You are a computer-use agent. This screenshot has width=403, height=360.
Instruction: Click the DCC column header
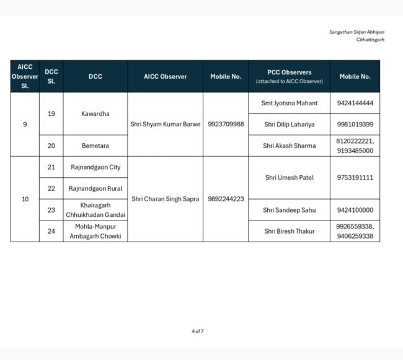click(x=95, y=76)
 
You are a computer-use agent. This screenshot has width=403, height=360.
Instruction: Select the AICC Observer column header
click(x=165, y=76)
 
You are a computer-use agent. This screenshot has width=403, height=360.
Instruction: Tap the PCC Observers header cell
click(x=289, y=76)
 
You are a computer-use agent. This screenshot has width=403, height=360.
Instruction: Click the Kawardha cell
click(x=95, y=114)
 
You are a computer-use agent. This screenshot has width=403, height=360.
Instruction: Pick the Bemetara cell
click(x=95, y=146)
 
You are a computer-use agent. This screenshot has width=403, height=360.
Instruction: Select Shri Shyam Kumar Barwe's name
click(x=165, y=124)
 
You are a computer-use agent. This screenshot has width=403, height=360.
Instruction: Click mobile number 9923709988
click(x=226, y=124)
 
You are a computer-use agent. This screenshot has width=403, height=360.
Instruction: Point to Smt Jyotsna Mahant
click(x=289, y=103)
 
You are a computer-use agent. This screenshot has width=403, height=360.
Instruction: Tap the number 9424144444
click(x=355, y=103)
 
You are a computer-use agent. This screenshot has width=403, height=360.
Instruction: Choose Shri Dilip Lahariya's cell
click(x=289, y=125)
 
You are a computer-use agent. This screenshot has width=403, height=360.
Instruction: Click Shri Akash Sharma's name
click(x=289, y=146)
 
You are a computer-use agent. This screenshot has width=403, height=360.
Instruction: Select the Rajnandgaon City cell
click(x=95, y=167)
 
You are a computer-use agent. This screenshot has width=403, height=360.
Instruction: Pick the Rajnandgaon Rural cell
click(x=95, y=188)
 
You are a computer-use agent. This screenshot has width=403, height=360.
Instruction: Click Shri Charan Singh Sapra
click(x=165, y=199)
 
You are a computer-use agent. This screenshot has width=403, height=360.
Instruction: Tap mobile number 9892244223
click(x=226, y=199)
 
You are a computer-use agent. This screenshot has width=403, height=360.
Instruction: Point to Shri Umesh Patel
click(x=289, y=178)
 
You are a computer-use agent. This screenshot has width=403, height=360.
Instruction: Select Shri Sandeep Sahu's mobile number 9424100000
click(x=355, y=210)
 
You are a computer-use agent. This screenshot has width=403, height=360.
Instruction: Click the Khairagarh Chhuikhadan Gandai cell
click(x=95, y=210)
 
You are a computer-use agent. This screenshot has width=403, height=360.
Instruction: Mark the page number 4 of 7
click(x=198, y=331)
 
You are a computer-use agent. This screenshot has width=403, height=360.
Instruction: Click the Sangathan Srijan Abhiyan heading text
click(x=356, y=32)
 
